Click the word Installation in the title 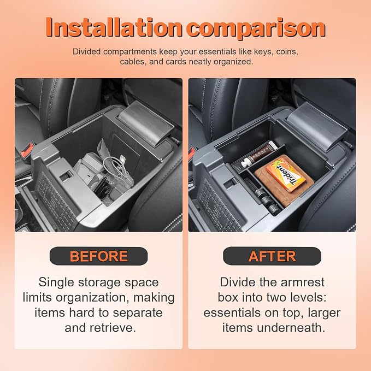pyautogui.click(x=114, y=27)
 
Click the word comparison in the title pyautogui.click(x=256, y=29)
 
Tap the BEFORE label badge pyautogui.click(x=99, y=256)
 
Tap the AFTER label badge pyautogui.click(x=272, y=256)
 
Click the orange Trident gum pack pyautogui.click(x=286, y=173)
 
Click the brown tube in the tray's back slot pyautogui.click(x=258, y=154)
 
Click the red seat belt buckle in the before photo pyautogui.click(x=26, y=150)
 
